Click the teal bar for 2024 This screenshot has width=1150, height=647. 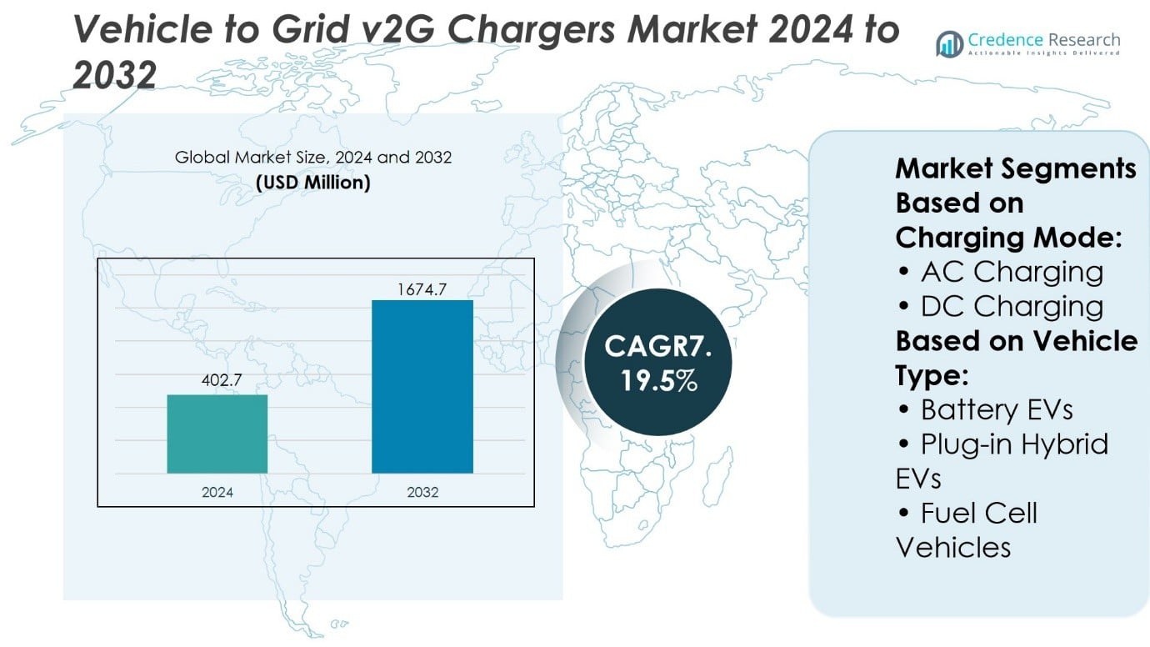[217, 434]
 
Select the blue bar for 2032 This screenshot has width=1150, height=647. [422, 386]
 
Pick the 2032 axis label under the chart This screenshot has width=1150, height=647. [422, 492]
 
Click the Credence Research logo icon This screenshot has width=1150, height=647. [949, 43]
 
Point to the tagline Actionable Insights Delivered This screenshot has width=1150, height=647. [1043, 54]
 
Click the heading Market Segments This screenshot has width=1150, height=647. [1015, 168]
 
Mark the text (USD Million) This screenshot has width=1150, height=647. [313, 182]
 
